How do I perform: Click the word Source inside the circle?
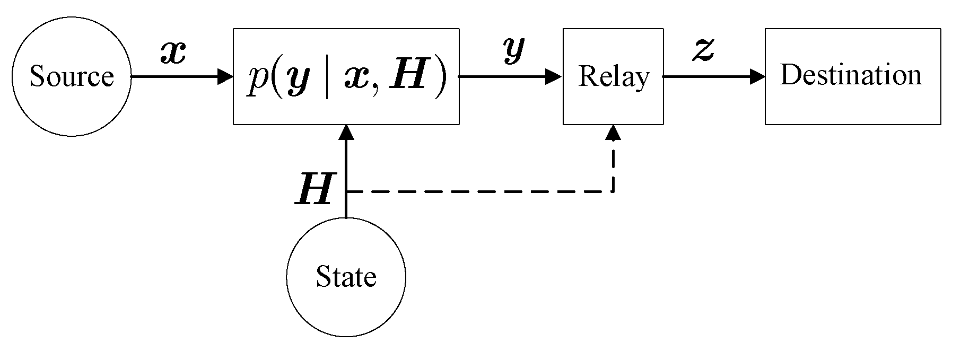[x=71, y=76]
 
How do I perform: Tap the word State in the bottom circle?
[x=346, y=277]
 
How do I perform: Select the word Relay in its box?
[x=613, y=77]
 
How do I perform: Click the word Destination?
[x=851, y=75]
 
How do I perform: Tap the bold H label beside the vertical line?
[x=313, y=189]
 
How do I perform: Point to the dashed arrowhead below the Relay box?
[x=613, y=133]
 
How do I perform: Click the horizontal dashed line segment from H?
[x=477, y=191]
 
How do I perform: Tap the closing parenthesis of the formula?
[x=438, y=77]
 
